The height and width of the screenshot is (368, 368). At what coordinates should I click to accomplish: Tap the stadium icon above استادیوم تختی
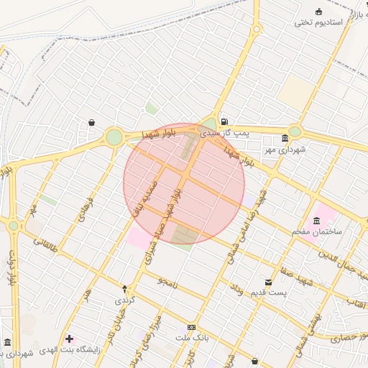pyautogui.click(x=319, y=11)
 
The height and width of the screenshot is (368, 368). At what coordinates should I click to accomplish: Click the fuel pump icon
pyautogui.click(x=224, y=121)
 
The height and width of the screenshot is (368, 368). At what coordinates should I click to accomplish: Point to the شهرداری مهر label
pyautogui.click(x=285, y=149)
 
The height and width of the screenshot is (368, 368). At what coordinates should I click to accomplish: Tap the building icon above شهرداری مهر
pyautogui.click(x=285, y=138)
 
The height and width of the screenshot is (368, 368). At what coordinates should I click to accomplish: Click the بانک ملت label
pyautogui.click(x=191, y=336)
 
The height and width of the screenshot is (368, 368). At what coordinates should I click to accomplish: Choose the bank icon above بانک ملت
pyautogui.click(x=191, y=326)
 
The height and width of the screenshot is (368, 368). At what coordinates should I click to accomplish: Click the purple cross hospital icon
pyautogui.click(x=69, y=339)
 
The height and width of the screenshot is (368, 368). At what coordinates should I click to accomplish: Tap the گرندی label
pyautogui.click(x=124, y=300)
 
